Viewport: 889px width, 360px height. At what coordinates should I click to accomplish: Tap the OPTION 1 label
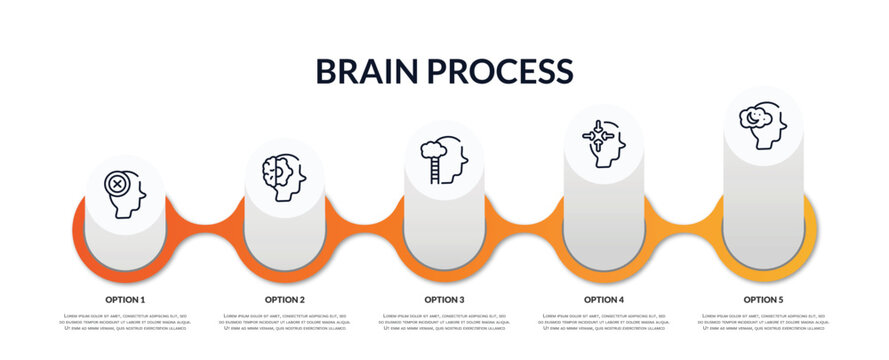tap(125, 299)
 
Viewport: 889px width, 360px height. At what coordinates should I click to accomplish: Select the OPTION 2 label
tap(285, 299)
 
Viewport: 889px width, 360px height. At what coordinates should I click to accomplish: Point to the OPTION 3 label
tap(444, 299)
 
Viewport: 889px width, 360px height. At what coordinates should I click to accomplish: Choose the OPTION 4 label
tap(604, 299)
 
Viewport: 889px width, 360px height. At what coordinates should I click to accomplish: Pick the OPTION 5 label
tap(763, 299)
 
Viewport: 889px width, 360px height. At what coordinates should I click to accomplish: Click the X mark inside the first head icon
tap(118, 185)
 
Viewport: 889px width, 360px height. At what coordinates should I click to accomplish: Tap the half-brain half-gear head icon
tap(283, 177)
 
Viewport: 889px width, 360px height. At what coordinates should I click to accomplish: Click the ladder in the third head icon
tap(433, 170)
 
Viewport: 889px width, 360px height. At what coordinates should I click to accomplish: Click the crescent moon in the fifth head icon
tap(752, 117)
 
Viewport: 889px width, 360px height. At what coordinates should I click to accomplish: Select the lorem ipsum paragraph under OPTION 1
tap(125, 322)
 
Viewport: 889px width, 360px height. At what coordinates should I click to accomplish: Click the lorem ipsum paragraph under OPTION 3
tap(444, 322)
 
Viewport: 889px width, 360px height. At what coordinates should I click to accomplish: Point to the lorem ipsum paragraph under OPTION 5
tap(763, 322)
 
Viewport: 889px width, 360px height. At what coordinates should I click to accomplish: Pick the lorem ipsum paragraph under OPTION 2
tap(285, 322)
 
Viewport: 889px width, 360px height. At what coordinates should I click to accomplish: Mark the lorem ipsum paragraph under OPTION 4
tap(604, 322)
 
